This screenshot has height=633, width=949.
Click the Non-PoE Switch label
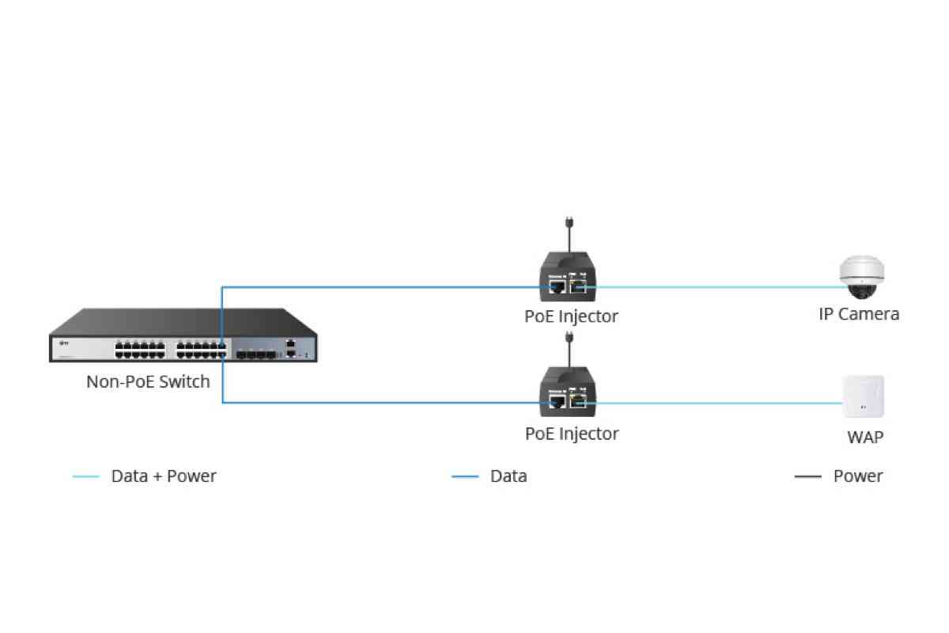pos(148,382)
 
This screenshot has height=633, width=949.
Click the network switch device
pos(183,338)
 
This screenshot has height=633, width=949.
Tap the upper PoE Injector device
pos(569,276)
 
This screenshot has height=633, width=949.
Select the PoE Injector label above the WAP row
pos(571,316)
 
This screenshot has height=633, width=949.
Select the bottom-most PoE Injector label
pos(571,434)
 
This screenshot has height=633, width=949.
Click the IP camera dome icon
pos(861,278)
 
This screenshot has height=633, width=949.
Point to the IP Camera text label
pos(859,314)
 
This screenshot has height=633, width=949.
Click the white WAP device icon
pos(863,396)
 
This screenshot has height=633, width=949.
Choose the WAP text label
pos(865,437)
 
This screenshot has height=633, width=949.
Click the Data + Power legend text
pos(164,476)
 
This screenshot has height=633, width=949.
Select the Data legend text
pos(509,476)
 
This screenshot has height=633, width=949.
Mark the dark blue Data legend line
pos(465,477)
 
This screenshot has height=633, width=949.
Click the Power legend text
pos(858,476)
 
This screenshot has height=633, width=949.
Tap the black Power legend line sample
pos(807,477)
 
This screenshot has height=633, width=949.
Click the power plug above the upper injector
pos(569,225)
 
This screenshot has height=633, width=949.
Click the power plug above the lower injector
pos(569,340)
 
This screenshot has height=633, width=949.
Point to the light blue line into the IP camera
pos(712,287)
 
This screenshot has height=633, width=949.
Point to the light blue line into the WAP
pos(712,403)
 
